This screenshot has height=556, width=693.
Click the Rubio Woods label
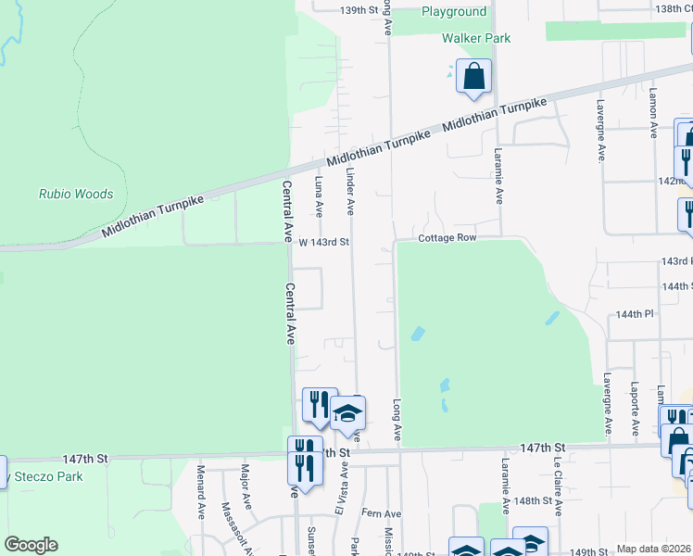tap(76, 195)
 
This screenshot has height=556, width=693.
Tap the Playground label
tap(453, 12)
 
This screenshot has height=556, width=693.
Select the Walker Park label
tap(476, 38)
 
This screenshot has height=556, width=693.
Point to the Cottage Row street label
tap(447, 238)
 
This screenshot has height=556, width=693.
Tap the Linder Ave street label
tap(350, 190)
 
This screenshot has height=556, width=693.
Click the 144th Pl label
tap(635, 315)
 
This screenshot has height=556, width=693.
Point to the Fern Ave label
tap(381, 513)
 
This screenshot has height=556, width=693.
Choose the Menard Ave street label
tap(200, 491)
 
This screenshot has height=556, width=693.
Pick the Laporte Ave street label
tap(635, 408)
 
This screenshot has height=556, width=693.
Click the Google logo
tap(31, 545)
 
